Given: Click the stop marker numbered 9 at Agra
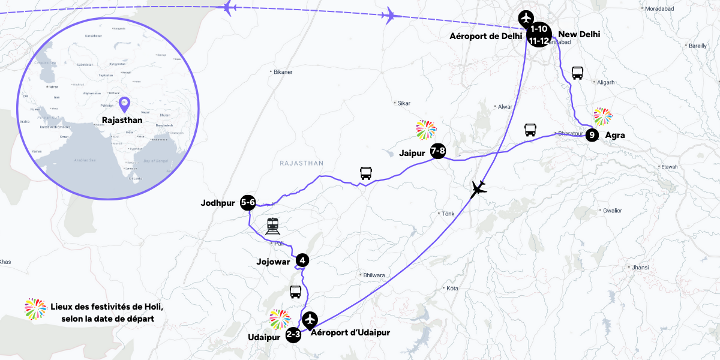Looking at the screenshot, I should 592,135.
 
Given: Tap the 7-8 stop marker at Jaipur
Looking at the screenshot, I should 438,152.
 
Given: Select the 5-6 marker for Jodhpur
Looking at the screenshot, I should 248,203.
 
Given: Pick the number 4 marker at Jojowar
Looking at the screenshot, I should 302,260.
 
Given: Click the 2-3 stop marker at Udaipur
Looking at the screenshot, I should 293,335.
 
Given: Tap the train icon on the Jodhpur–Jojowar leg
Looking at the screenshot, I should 273,226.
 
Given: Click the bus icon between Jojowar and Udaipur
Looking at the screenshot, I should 296,292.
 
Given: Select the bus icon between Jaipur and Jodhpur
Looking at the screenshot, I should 365,173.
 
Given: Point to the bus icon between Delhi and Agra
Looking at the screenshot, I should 578,73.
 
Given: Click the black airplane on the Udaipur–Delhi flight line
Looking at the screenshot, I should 479,189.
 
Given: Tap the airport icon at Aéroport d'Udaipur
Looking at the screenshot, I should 310,319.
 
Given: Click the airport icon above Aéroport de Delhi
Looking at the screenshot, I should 526,17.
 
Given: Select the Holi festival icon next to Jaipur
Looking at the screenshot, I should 426,128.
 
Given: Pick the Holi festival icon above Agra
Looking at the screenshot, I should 603,116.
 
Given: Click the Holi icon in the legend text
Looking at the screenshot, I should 35,308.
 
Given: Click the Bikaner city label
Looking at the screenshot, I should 283,72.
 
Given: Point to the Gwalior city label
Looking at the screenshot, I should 612,211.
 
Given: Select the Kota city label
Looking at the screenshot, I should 452,289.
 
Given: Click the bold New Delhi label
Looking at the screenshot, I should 579,35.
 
